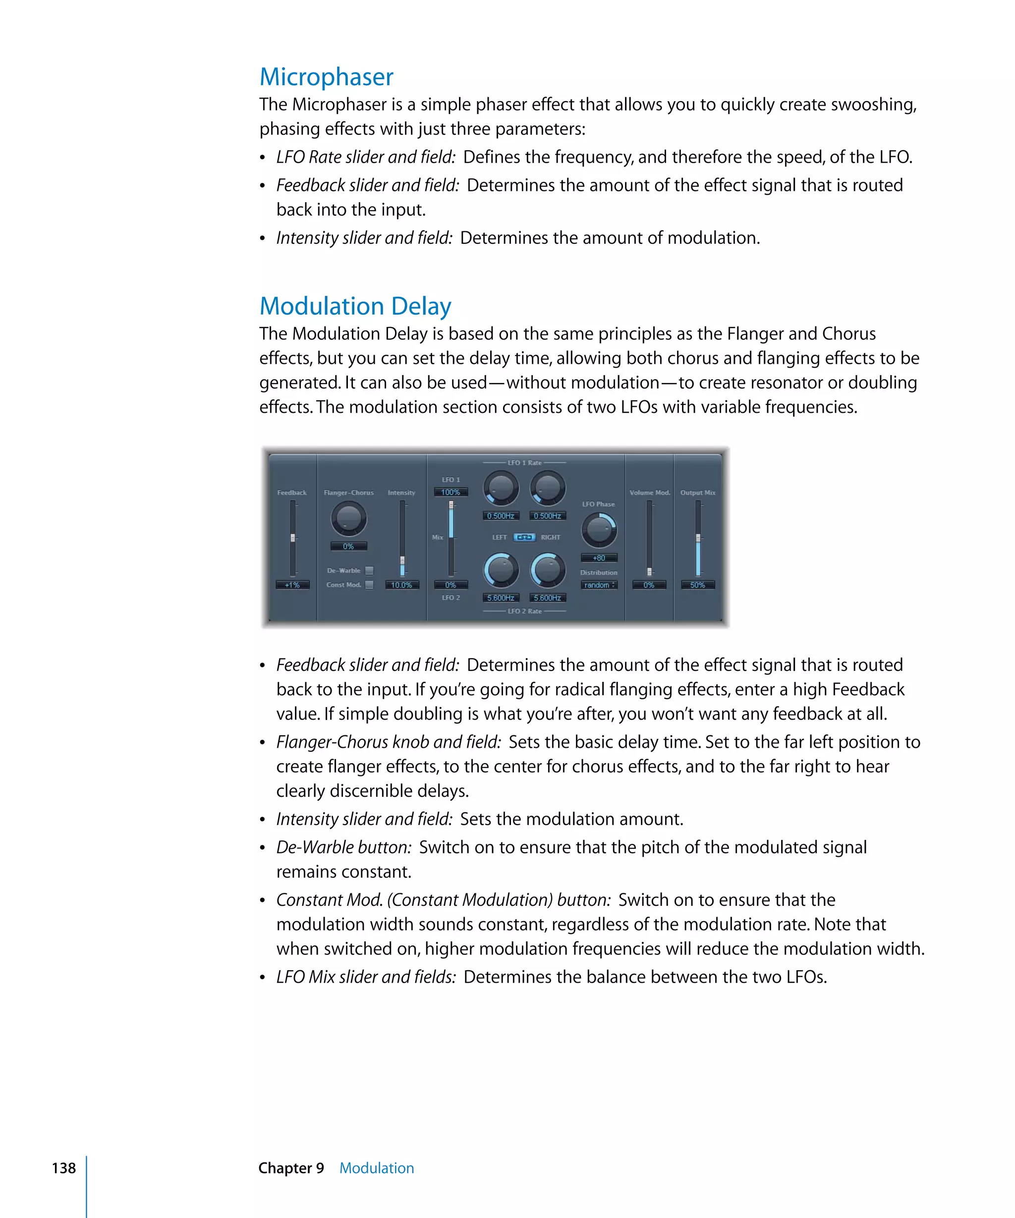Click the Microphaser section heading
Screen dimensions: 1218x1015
pos(326,77)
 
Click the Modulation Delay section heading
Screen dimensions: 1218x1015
pos(355,306)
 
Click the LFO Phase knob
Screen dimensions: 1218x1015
pos(599,530)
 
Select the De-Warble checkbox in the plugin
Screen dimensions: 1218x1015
pos(369,570)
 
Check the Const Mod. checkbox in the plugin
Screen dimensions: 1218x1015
pos(369,585)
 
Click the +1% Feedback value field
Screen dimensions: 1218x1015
pos(292,585)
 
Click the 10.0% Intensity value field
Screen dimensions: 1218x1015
pos(401,585)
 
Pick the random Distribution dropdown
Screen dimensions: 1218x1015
pos(599,585)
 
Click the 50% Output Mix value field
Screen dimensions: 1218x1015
pos(697,585)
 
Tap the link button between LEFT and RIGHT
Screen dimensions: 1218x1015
pos(524,537)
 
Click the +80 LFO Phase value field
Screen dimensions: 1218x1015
pos(599,557)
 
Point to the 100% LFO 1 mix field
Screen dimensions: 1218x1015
pos(451,492)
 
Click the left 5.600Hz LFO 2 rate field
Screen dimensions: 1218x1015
pos(501,598)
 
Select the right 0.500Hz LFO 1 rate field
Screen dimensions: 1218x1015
pos(548,516)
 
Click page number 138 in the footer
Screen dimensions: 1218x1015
pos(64,1167)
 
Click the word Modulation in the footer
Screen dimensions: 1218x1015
pos(377,1167)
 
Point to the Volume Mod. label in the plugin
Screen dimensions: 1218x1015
pos(649,493)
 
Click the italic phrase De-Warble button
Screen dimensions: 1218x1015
pos(343,847)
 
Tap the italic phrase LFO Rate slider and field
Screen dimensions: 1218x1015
pos(365,157)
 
